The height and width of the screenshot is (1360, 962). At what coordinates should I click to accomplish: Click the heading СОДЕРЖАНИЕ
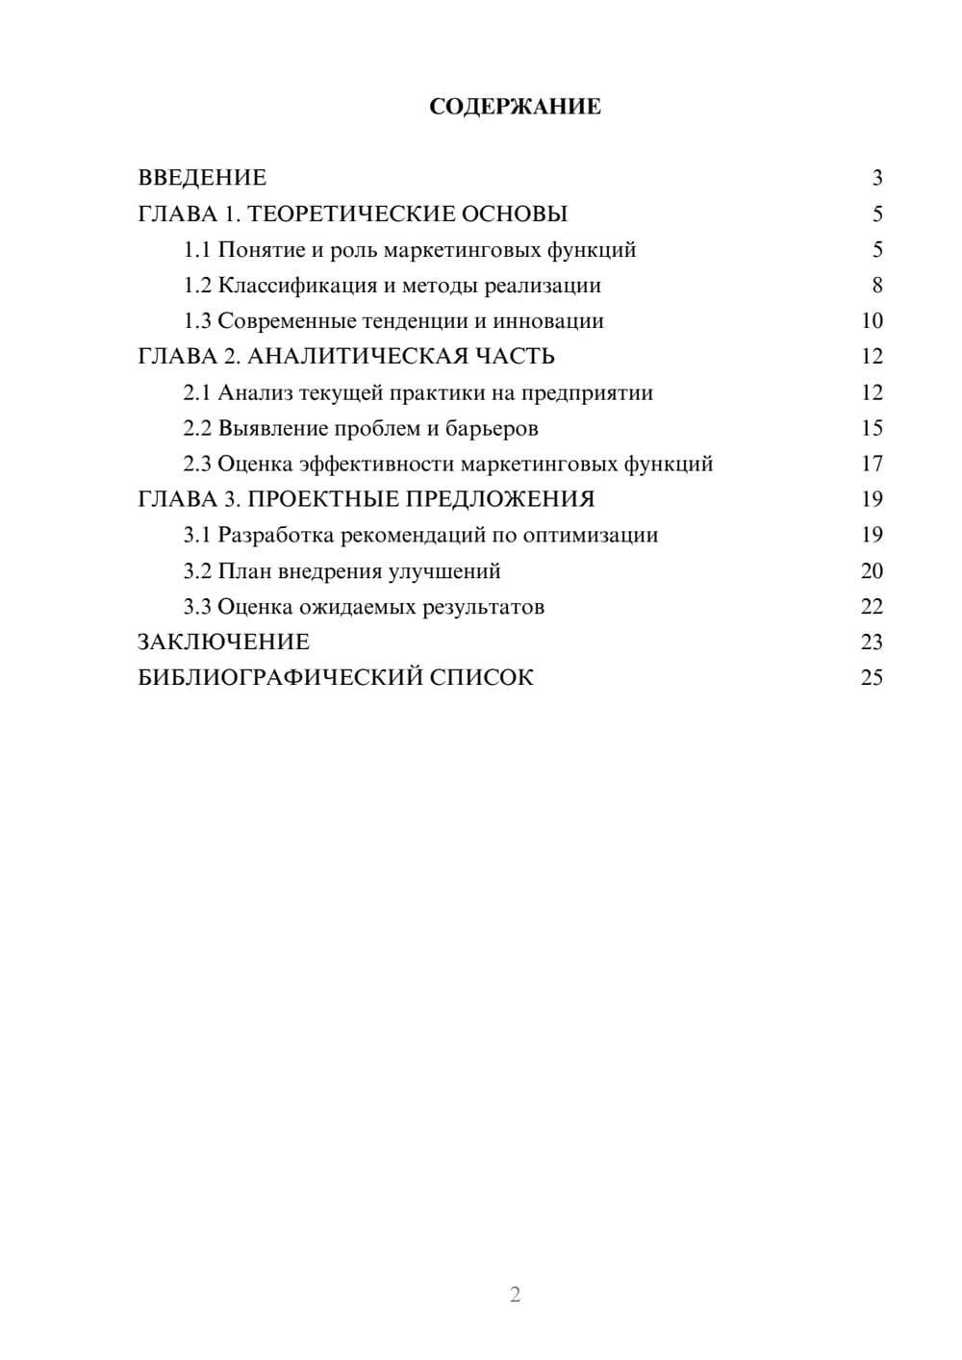click(x=515, y=107)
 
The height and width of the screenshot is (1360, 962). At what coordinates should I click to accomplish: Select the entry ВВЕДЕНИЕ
click(x=202, y=178)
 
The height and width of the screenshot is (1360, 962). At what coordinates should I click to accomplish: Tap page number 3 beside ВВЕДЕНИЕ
click(x=876, y=178)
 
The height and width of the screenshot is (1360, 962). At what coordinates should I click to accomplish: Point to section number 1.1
click(x=197, y=250)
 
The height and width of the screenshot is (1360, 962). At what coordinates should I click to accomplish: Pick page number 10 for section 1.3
click(x=872, y=321)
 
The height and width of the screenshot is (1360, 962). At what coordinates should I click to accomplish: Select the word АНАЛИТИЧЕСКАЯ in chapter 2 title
click(x=357, y=357)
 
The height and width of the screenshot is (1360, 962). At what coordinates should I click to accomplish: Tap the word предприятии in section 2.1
click(x=587, y=393)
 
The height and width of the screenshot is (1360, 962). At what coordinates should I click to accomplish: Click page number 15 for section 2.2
click(x=872, y=428)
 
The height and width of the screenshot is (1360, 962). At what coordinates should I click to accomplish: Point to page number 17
click(x=872, y=464)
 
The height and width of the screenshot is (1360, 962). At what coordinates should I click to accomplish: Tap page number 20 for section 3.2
click(x=872, y=571)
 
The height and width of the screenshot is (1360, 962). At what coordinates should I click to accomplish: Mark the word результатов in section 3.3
click(x=477, y=607)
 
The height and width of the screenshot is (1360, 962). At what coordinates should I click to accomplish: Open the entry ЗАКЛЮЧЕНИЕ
click(x=224, y=642)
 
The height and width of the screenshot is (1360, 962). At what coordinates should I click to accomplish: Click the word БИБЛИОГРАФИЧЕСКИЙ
click(x=280, y=678)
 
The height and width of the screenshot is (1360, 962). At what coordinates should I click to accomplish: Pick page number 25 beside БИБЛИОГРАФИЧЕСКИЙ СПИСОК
click(x=872, y=678)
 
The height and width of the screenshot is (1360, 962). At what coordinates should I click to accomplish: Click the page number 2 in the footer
click(x=515, y=1295)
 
